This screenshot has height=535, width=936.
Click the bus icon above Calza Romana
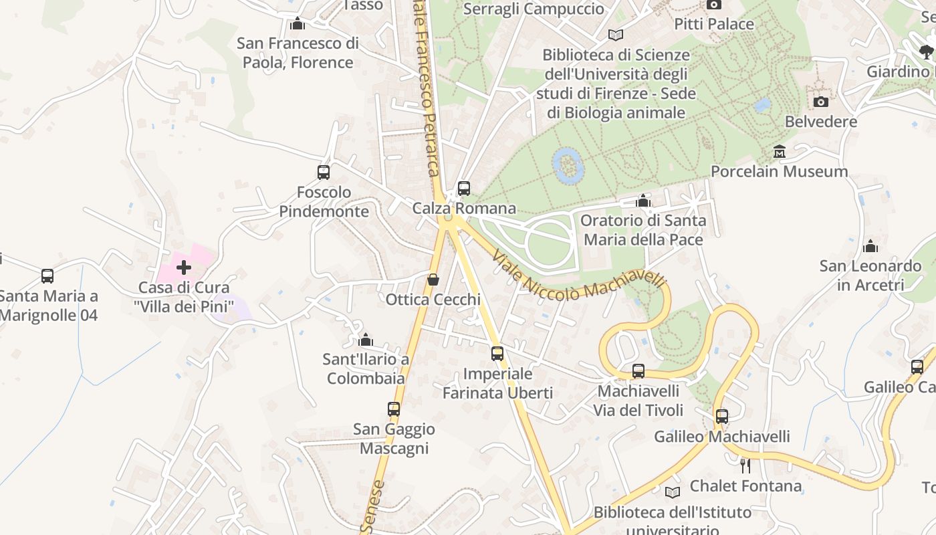click(x=463, y=189)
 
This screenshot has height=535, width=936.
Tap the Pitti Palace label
click(x=713, y=24)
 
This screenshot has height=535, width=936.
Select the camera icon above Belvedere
click(x=820, y=102)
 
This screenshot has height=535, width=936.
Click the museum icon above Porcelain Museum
click(x=779, y=152)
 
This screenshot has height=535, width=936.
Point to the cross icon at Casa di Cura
click(x=183, y=268)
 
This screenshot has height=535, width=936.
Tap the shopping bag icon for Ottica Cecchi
click(x=433, y=280)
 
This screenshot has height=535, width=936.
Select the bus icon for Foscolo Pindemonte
click(x=324, y=173)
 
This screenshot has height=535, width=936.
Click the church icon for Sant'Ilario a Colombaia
click(x=365, y=340)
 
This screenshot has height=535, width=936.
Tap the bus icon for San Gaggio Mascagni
click(x=394, y=409)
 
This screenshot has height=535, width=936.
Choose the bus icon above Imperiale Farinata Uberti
click(x=497, y=354)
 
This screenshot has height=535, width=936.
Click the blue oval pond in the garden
click(x=568, y=165)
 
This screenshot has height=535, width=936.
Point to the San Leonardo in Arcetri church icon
click(x=870, y=246)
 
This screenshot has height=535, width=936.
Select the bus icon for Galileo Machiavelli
click(x=721, y=417)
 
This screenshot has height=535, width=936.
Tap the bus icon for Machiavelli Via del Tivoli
click(x=638, y=371)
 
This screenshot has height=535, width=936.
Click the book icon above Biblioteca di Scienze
click(x=615, y=35)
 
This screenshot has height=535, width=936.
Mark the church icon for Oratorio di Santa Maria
click(x=642, y=201)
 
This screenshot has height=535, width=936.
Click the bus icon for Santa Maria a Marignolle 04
click(x=47, y=276)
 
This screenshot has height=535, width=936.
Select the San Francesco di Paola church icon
click(x=298, y=24)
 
